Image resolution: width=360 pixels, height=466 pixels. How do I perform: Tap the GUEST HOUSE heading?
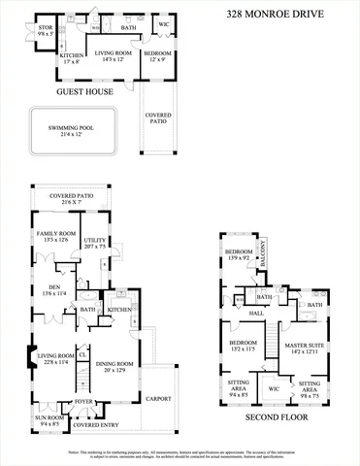tap(84, 92)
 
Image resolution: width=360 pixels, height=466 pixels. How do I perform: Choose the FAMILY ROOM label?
tap(57, 235)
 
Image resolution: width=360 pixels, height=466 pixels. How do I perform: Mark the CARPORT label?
tap(159, 398)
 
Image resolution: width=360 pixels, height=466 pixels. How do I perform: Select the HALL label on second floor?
tap(257, 314)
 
